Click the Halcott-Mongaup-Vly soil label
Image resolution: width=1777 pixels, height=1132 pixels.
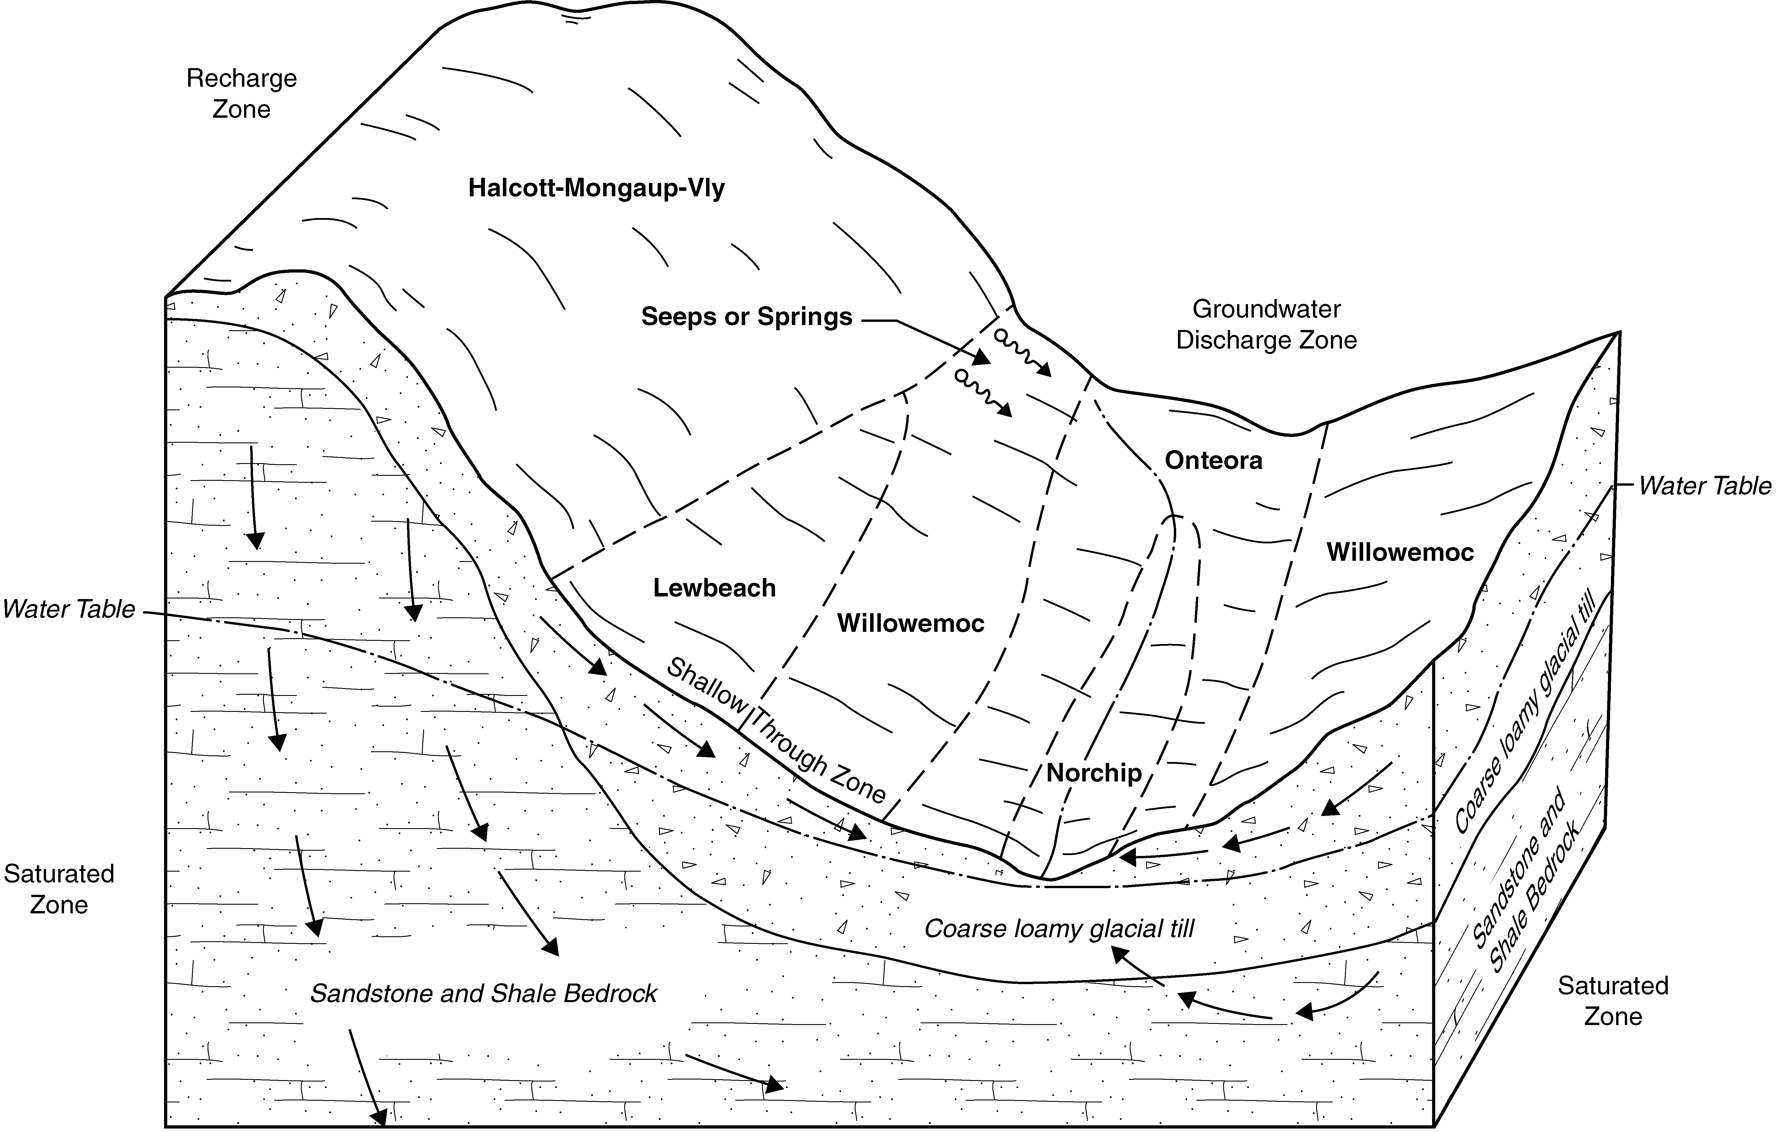click(x=596, y=188)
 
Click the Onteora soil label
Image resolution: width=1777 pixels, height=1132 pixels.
click(x=1213, y=461)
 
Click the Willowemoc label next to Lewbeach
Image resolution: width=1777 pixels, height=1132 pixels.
click(x=911, y=623)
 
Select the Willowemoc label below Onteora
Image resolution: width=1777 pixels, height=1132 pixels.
click(x=1400, y=552)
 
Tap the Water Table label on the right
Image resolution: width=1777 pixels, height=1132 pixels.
click(x=1705, y=486)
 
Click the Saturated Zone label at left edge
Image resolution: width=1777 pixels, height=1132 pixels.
click(x=59, y=889)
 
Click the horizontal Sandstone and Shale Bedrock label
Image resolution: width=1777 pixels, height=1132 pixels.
click(x=483, y=993)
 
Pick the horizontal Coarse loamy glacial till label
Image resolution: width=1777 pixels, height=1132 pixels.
click(x=1059, y=928)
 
